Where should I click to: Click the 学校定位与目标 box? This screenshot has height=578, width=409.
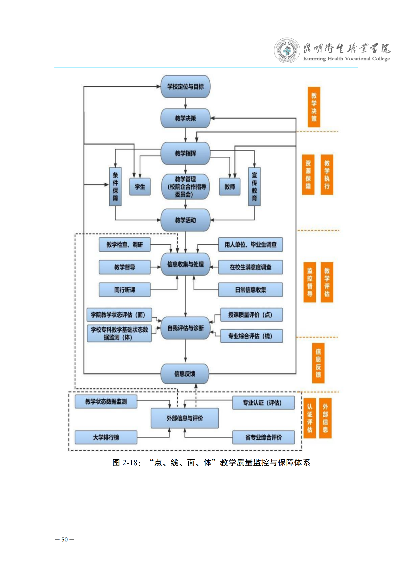point(185,86)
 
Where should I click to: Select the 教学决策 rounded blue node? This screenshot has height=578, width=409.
point(185,118)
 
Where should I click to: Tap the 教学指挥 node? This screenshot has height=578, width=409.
point(185,153)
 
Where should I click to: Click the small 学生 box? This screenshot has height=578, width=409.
point(140,187)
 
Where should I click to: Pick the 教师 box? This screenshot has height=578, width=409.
point(229,187)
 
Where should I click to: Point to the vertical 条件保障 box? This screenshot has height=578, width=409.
point(115,187)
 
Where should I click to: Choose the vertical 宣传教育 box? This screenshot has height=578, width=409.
point(254,187)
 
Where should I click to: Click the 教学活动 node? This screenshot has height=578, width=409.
point(185,220)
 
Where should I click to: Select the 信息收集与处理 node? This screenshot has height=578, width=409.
point(185,264)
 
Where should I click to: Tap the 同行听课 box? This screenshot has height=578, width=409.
point(125,290)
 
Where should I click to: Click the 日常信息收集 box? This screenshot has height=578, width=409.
point(250,290)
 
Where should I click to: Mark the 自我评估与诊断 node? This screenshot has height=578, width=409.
point(185,328)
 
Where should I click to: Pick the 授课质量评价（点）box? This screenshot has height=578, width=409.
point(251,315)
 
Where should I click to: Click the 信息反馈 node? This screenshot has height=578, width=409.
point(185,374)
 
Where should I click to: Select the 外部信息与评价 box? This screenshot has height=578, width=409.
point(185,418)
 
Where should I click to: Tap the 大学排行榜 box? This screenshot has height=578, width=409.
point(106,437)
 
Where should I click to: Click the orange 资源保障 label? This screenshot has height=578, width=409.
point(308,175)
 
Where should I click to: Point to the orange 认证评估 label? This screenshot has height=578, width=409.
point(310,418)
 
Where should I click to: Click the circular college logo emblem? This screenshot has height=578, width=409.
point(287,50)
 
